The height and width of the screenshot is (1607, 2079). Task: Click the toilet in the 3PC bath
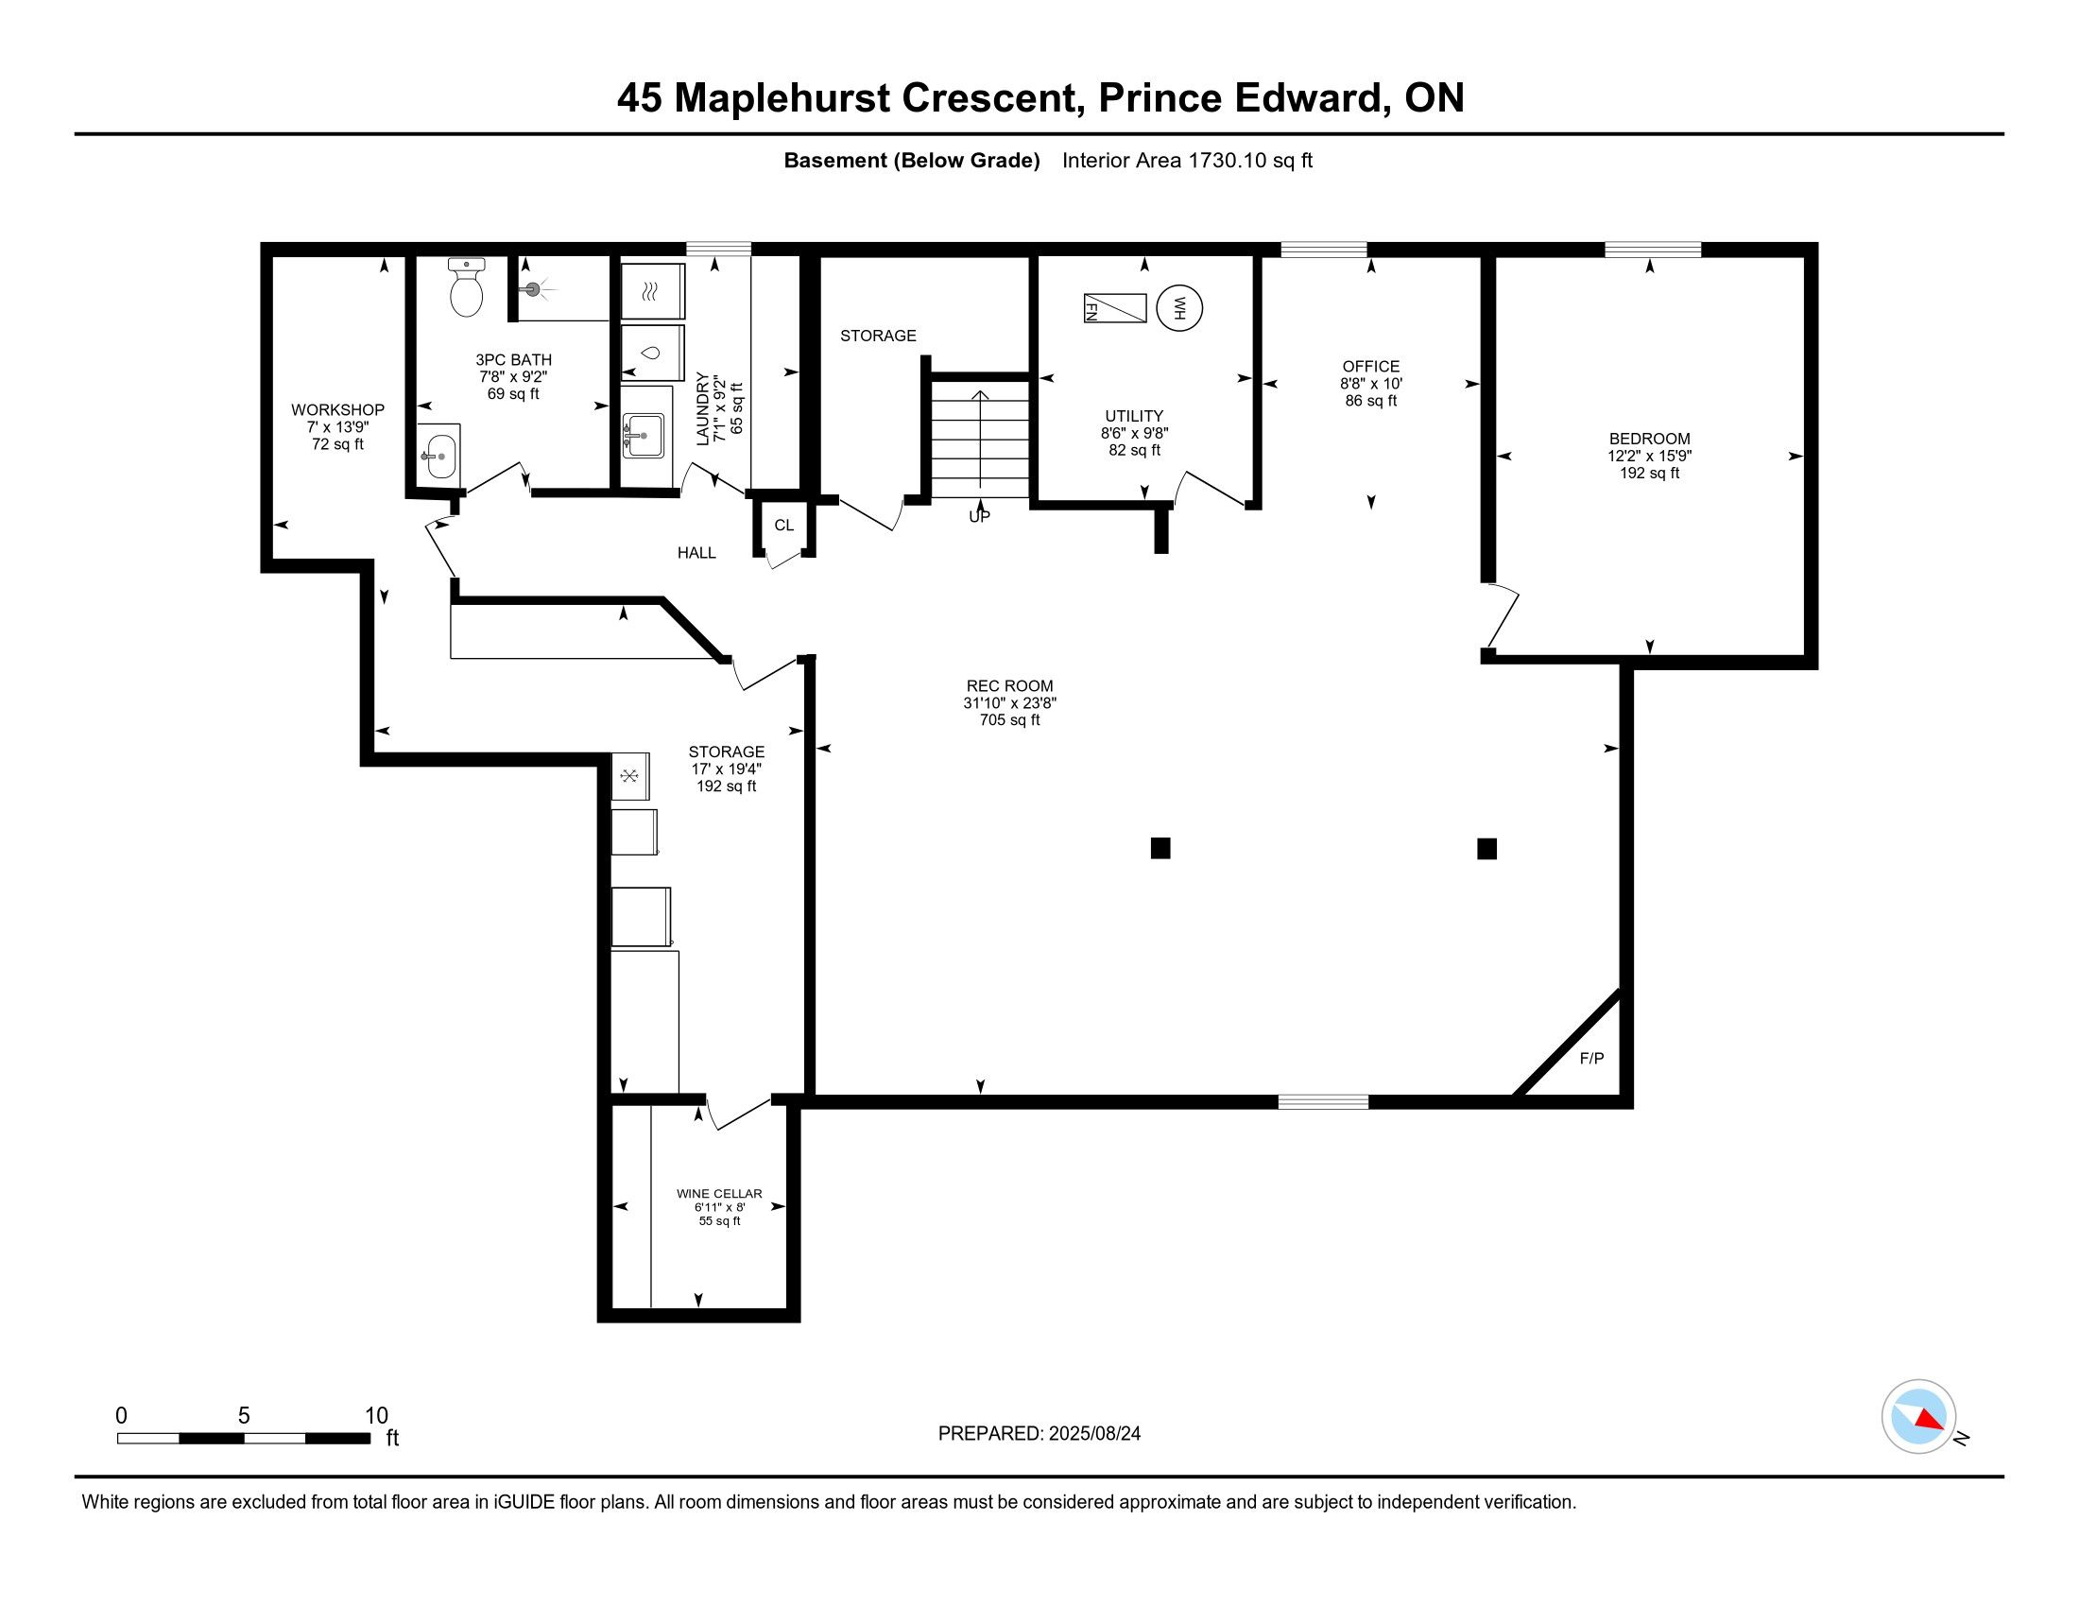pyautogui.click(x=467, y=286)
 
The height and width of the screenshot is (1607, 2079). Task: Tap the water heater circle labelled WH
pyautogui.click(x=1179, y=308)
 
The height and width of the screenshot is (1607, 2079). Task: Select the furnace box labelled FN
pyautogui.click(x=1115, y=308)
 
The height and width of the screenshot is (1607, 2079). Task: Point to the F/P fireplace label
pyautogui.click(x=1591, y=1058)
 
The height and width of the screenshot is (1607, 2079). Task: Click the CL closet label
pyautogui.click(x=783, y=526)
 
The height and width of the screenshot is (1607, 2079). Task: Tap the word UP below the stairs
pyautogui.click(x=980, y=517)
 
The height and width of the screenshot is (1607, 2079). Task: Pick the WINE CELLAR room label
pyautogui.click(x=720, y=1193)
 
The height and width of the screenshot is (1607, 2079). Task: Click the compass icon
pyautogui.click(x=1919, y=1417)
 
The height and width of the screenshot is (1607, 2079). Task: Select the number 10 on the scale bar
pyautogui.click(x=377, y=1416)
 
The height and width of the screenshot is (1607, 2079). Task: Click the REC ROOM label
pyautogui.click(x=1010, y=685)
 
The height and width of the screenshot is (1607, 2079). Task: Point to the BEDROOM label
pyautogui.click(x=1650, y=439)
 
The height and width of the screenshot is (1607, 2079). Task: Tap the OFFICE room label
pyautogui.click(x=1371, y=366)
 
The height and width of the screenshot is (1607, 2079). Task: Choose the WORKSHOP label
pyautogui.click(x=338, y=409)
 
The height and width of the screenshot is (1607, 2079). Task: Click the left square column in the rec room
pyautogui.click(x=1160, y=848)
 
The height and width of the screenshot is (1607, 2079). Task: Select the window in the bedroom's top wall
pyautogui.click(x=1653, y=250)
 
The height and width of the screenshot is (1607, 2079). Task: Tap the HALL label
pyautogui.click(x=696, y=552)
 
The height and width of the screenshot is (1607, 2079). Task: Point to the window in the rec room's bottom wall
pyautogui.click(x=1323, y=1101)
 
